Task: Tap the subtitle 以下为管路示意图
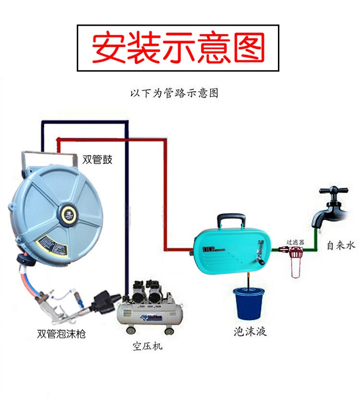(x=174, y=93)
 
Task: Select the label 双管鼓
(x=97, y=159)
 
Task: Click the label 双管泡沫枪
(x=61, y=334)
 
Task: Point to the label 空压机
(x=147, y=346)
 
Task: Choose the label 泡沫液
(x=250, y=332)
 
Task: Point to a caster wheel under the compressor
(x=169, y=330)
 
